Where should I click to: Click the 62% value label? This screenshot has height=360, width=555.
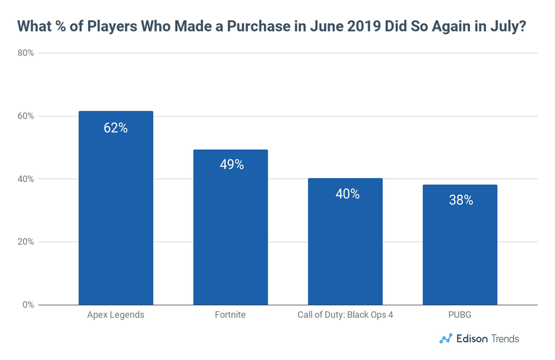(116, 128)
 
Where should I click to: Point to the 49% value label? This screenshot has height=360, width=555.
(232, 164)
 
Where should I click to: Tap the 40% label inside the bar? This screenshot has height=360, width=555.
(347, 194)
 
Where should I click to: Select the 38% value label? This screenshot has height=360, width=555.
(461, 200)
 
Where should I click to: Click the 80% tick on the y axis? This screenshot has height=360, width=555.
(26, 53)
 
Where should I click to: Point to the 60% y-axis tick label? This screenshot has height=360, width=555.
(26, 116)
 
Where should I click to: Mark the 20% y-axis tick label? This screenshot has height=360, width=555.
(26, 242)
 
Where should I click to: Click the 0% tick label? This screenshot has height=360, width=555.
(28, 305)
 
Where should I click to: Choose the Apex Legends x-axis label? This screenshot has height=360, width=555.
(116, 315)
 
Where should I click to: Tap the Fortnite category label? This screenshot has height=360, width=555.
(230, 315)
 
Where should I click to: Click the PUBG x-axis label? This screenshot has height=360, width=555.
(460, 315)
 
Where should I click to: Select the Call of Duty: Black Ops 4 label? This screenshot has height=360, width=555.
(345, 315)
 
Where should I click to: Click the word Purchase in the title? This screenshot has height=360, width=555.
(259, 26)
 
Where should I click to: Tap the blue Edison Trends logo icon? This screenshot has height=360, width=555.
(446, 339)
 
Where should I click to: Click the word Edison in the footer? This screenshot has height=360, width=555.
(472, 339)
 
